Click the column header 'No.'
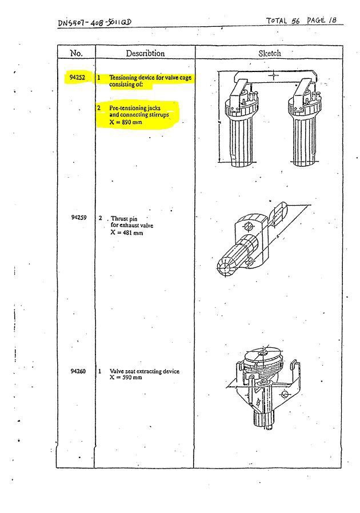(76, 53)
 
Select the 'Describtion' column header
(145, 53)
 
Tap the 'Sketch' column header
(270, 53)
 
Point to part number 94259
(78, 218)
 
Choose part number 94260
(78, 371)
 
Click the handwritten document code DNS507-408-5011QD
(94, 23)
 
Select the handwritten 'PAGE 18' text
(323, 20)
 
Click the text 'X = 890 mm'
(126, 122)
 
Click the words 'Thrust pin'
(124, 218)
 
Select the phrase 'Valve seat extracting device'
(144, 371)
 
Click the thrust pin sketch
(251, 240)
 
